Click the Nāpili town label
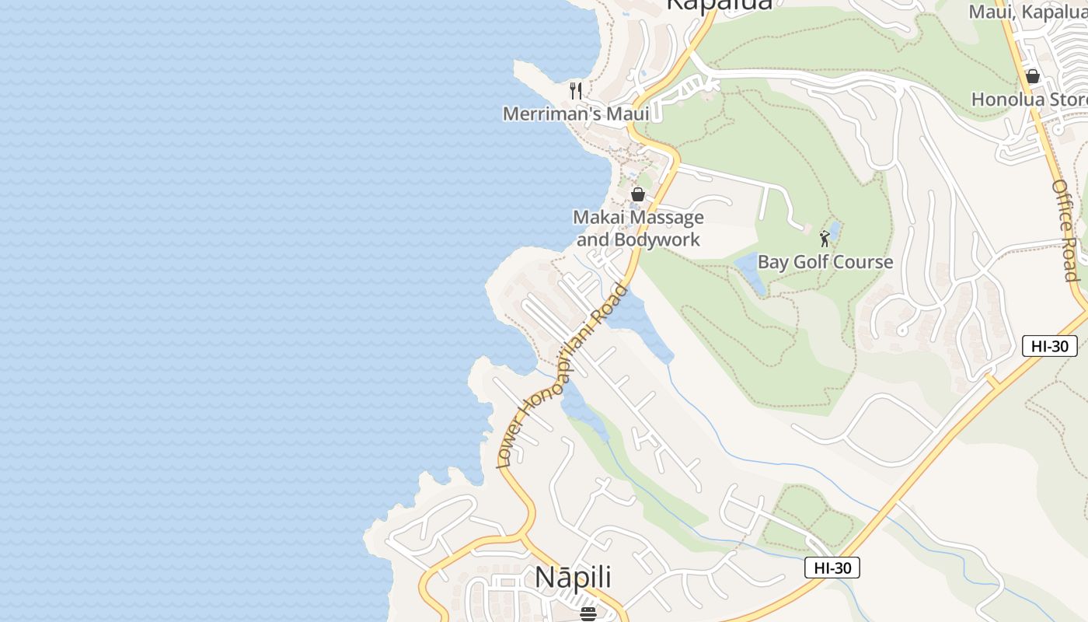click(x=573, y=578)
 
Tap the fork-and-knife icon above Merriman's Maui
click(x=576, y=91)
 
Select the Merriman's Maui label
click(x=576, y=114)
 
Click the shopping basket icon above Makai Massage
click(x=638, y=194)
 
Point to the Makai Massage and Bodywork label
click(x=639, y=229)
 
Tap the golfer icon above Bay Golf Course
click(x=825, y=239)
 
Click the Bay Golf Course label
click(x=825, y=262)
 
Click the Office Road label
click(x=1065, y=230)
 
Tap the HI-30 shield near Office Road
click(x=1049, y=346)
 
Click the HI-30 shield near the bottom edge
click(x=832, y=568)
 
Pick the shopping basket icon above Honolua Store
click(x=1033, y=76)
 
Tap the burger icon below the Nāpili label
click(x=588, y=613)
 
